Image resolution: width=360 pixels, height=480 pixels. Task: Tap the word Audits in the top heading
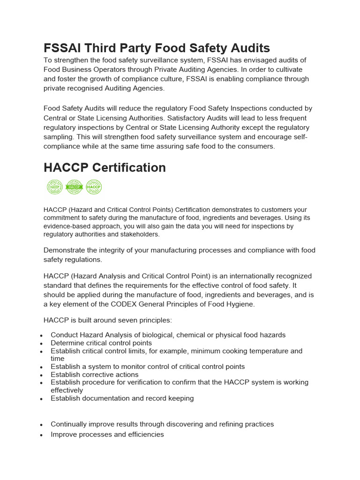(247, 48)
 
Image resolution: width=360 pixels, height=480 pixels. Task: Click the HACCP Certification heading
(105, 168)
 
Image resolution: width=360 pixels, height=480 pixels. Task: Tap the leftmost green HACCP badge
(54, 187)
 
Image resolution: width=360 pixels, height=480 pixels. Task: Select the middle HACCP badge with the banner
(74, 187)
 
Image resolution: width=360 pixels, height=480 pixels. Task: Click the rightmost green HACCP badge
(94, 187)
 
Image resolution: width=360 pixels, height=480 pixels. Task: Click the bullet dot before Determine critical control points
(42, 344)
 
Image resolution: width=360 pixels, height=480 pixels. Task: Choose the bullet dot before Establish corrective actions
(42, 375)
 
